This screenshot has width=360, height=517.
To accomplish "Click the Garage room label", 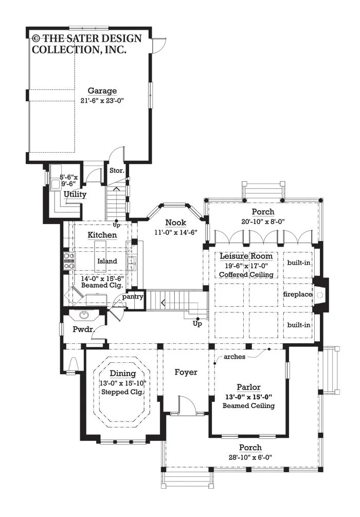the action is [102, 90].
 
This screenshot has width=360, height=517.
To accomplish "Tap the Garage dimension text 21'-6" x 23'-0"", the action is [102, 101].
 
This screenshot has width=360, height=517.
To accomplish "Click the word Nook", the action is [175, 223].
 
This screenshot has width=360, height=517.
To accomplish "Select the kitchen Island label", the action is [107, 261].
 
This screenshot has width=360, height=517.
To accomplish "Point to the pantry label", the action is [133, 297].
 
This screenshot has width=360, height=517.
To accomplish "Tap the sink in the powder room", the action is [84, 315].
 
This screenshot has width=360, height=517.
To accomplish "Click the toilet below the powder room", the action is [73, 364].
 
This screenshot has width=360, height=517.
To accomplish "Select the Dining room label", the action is [123, 373].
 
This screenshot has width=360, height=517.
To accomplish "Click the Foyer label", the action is [186, 372].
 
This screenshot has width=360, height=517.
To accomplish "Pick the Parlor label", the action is [249, 387].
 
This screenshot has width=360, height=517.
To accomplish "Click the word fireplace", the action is [298, 294].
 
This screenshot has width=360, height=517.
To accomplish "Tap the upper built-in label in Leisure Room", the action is [299, 263].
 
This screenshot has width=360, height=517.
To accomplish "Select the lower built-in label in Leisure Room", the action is [299, 325].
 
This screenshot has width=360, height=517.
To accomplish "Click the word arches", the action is [235, 357].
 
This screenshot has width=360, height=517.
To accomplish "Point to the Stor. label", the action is [117, 171].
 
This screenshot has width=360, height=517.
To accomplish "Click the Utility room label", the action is [75, 194].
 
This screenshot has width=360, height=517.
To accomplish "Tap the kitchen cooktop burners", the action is [69, 261].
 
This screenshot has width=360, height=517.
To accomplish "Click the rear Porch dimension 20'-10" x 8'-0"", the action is [263, 221].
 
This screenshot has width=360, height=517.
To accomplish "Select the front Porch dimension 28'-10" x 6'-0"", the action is [250, 457].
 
